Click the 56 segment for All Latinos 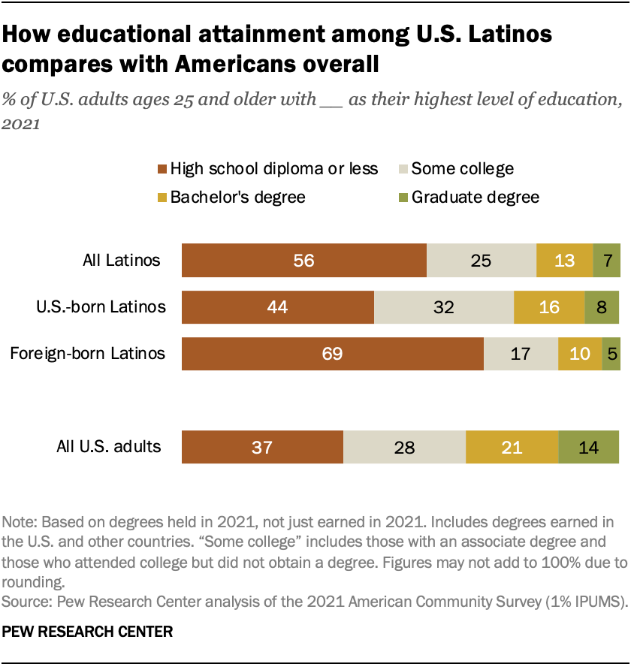(x=304, y=261)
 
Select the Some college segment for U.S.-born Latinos (x=444, y=307)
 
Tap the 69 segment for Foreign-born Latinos (x=332, y=353)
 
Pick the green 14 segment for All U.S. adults (x=588, y=447)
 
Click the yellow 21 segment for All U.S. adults (x=512, y=447)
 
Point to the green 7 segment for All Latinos (x=606, y=261)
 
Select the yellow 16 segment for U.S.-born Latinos (x=548, y=307)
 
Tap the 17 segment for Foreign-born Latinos (x=521, y=353)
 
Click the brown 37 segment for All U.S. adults (x=262, y=447)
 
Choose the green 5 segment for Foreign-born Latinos (x=611, y=353)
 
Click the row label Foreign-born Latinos (x=87, y=353)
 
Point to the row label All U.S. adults (x=109, y=447)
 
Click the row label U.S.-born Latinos (x=101, y=307)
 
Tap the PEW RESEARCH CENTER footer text (x=88, y=632)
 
